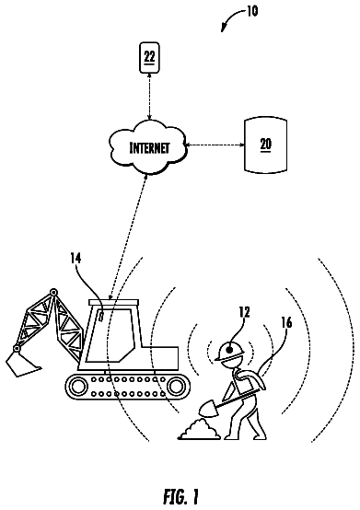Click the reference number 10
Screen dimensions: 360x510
click(252, 11)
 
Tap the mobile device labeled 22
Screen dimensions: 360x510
click(149, 57)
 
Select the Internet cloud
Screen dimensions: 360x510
click(148, 146)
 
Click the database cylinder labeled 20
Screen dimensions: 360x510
click(266, 145)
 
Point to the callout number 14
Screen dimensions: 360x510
click(75, 259)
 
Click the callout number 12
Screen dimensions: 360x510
click(244, 312)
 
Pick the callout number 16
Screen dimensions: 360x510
click(286, 322)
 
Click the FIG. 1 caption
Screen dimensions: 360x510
click(180, 496)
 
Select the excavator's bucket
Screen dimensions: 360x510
click(23, 364)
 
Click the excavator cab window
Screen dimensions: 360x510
click(110, 335)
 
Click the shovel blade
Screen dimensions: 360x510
click(208, 409)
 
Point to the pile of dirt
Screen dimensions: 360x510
click(200, 430)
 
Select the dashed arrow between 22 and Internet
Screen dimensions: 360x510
click(149, 97)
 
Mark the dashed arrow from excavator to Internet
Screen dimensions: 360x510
click(127, 237)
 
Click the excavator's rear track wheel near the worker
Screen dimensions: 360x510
click(176, 386)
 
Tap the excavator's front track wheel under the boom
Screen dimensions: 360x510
click(77, 386)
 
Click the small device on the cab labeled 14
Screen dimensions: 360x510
click(100, 316)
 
